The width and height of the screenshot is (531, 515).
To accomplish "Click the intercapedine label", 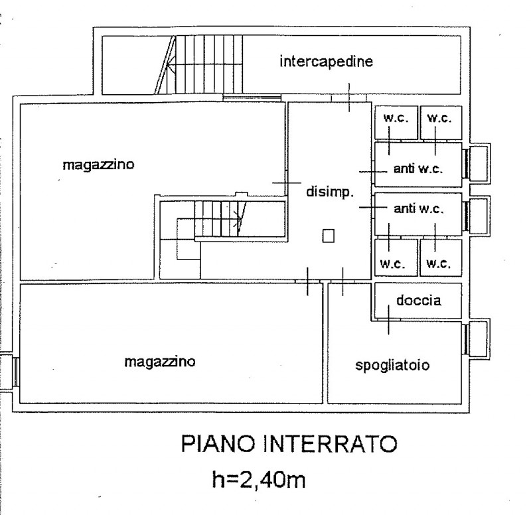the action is point(326,61).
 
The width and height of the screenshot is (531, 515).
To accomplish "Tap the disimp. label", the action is point(330,192).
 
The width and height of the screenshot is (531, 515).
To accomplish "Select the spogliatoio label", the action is point(392,365).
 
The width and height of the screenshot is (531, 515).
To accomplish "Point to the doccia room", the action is point(418,301).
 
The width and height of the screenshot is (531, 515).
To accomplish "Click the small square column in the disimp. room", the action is point(328,236).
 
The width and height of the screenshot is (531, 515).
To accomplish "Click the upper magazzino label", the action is point(98,165).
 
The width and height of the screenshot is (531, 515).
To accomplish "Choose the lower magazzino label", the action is point(160,362).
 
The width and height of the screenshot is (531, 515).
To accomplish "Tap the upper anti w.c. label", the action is point(418,169).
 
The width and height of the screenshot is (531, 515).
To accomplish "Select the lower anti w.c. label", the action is point(419,208).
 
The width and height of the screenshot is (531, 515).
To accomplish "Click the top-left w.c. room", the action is point(396,122).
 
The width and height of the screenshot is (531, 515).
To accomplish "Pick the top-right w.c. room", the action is point(441,122).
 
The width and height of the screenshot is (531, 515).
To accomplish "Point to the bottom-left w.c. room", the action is point(396,257).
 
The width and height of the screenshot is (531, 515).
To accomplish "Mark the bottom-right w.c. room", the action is point(441,257).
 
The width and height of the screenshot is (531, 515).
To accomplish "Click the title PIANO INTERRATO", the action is point(289,444).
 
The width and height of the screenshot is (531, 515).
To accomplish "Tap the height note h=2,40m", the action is point(259,480).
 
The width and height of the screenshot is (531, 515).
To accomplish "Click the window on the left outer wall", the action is point(15,372).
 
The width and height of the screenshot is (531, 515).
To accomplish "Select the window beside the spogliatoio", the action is point(466,338).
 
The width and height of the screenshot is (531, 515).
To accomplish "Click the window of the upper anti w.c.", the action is point(466,163).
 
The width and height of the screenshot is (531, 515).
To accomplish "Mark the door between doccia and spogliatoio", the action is point(388,319).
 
